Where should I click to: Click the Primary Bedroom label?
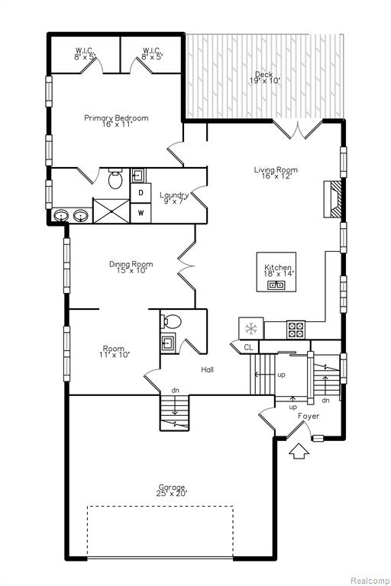point(116,118)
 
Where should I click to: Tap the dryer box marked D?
point(141,193)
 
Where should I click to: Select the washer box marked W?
point(141,213)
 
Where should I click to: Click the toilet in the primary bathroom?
point(115,179)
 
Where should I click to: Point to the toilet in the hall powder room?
point(171,321)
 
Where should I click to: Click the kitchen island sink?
point(276,285)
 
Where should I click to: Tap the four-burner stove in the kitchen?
point(296,330)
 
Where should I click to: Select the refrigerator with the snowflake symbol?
point(251,329)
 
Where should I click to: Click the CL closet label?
point(248,348)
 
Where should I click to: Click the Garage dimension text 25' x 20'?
point(172,494)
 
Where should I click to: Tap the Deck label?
point(263,74)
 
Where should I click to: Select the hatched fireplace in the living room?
point(332,199)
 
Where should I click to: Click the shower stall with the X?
point(111,211)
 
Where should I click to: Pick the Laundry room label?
point(174,195)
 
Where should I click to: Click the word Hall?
point(207,369)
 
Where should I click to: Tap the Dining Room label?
point(131,264)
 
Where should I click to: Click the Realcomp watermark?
point(370,581)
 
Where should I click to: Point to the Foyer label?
point(309,416)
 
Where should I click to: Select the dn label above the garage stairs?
point(175,390)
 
